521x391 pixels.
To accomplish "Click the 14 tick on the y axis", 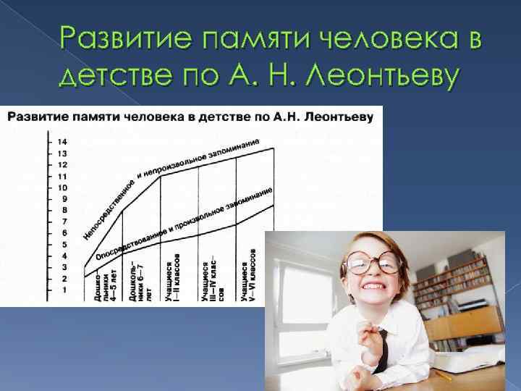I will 62,142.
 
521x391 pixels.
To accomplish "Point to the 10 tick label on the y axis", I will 62,188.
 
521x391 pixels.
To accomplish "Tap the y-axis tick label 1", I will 64,290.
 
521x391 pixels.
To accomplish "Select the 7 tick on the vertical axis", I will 63,222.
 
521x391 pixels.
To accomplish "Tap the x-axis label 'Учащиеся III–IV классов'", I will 211,278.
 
